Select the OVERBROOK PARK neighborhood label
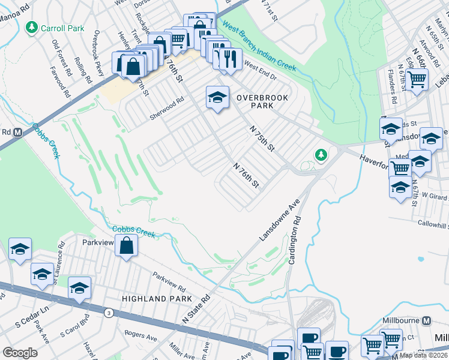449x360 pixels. [x=262, y=101]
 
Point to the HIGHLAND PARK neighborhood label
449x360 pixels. [x=157, y=298]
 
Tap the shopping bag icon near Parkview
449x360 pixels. [x=126, y=245]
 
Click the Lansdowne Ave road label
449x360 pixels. [x=279, y=221]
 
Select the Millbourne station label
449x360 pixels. [x=403, y=321]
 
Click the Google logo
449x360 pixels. [x=20, y=353]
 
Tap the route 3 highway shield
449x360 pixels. [x=109, y=313]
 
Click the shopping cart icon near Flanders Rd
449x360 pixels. [x=417, y=78]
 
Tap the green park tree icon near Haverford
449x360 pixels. [x=321, y=155]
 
